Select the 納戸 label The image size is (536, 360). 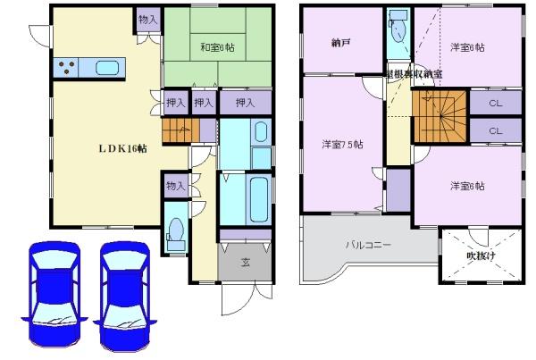click(340, 42)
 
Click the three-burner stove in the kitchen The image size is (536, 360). click(67, 65)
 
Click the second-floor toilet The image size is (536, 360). click(398, 31)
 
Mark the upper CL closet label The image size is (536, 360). click(494, 104)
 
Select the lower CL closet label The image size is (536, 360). click(494, 130)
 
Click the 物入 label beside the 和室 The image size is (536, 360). click(148, 19)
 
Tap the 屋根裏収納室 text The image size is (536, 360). click(414, 72)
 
